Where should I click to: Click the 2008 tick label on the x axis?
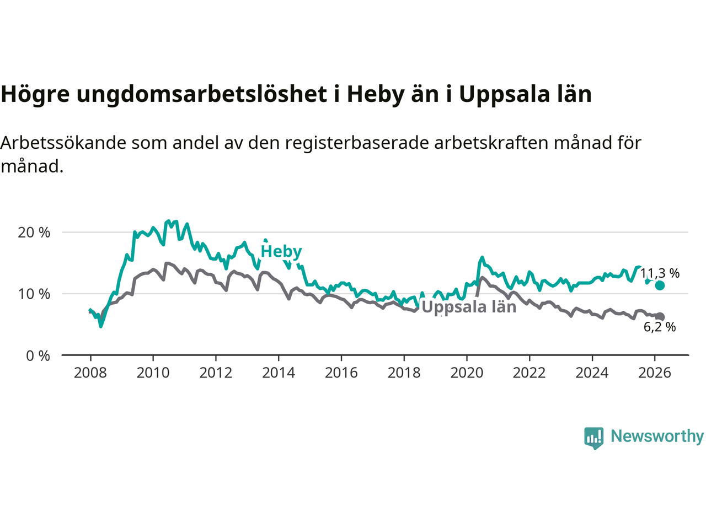point(90,373)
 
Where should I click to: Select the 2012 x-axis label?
point(216,373)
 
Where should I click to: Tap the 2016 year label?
point(341,373)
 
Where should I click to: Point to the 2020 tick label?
point(467,373)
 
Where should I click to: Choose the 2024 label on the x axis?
point(592,373)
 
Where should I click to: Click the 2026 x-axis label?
point(655,373)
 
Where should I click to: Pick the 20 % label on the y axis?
point(34,233)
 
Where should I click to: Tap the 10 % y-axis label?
point(34,294)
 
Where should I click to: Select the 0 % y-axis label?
point(38,356)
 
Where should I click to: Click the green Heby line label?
point(281,251)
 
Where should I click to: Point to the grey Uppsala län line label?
point(469,307)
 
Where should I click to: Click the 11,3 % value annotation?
point(660,273)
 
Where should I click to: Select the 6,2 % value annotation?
point(660,327)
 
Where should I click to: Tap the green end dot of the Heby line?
point(660,285)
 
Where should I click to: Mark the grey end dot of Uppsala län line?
point(660,317)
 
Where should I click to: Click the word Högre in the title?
point(35,95)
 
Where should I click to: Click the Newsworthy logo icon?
point(593,438)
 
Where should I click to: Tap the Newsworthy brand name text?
point(657,436)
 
